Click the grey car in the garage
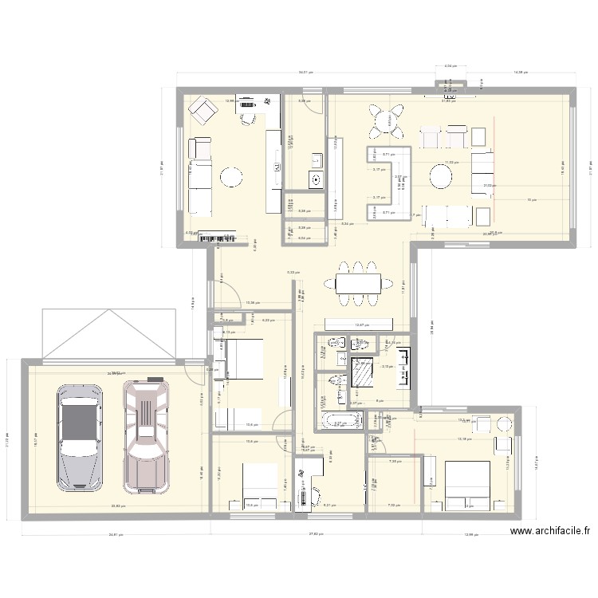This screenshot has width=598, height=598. click(80, 438)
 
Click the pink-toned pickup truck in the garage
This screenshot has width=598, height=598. click(146, 436)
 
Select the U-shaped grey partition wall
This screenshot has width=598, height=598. click(388, 183)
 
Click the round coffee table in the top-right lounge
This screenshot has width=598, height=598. click(441, 175)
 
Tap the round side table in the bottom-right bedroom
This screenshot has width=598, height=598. click(503, 423)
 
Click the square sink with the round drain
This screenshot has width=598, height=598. click(317, 179)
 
